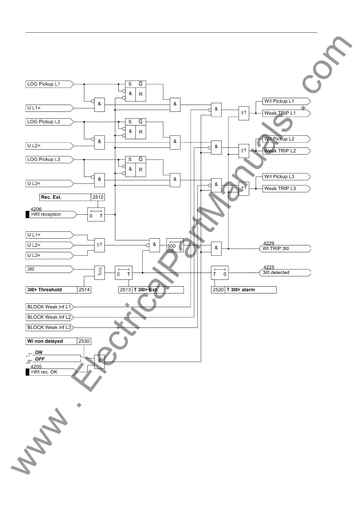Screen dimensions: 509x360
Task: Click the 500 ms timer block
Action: pyautogui.click(x=175, y=245)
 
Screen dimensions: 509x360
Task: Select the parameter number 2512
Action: pyautogui.click(x=98, y=197)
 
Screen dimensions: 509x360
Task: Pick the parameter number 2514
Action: pyautogui.click(x=84, y=290)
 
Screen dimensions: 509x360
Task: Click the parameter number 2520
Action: pyautogui.click(x=218, y=290)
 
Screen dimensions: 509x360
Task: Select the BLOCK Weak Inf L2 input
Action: pyautogui.click(x=49, y=317)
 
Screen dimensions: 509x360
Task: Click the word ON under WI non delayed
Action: pyautogui.click(x=39, y=352)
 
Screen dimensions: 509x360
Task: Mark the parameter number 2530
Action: pyautogui.click(x=84, y=341)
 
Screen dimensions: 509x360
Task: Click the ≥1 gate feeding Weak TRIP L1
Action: pyautogui.click(x=244, y=113)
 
